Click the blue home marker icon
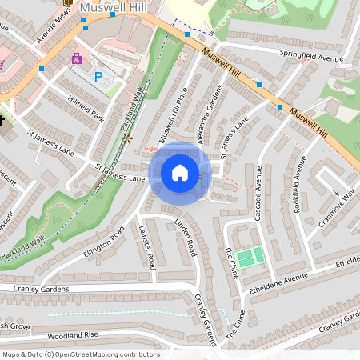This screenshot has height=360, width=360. [x=180, y=173]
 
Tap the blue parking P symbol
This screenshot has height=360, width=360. [x=98, y=77]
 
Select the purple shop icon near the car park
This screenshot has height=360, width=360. [x=77, y=59]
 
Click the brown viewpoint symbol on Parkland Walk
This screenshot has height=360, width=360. [x=126, y=138]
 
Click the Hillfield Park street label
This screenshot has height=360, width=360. [x=86, y=107]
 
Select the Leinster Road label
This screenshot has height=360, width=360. [x=147, y=247]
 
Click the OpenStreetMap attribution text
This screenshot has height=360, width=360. [x=81, y=354]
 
